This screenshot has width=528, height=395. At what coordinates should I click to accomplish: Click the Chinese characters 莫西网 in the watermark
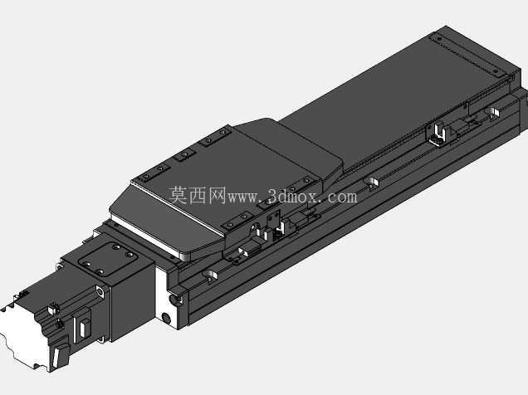[x=197, y=196]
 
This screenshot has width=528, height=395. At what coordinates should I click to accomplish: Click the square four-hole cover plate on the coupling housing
[x=109, y=256]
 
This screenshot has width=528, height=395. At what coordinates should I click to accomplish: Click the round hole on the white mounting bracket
[x=166, y=317]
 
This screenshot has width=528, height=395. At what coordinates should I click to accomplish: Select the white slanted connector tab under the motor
[x=56, y=358]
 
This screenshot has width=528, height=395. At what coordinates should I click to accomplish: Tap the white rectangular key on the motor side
[x=83, y=328]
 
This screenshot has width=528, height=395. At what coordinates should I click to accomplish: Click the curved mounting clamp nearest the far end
[x=491, y=114]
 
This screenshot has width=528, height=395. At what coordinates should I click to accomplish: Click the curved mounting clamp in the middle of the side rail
[x=371, y=183]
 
